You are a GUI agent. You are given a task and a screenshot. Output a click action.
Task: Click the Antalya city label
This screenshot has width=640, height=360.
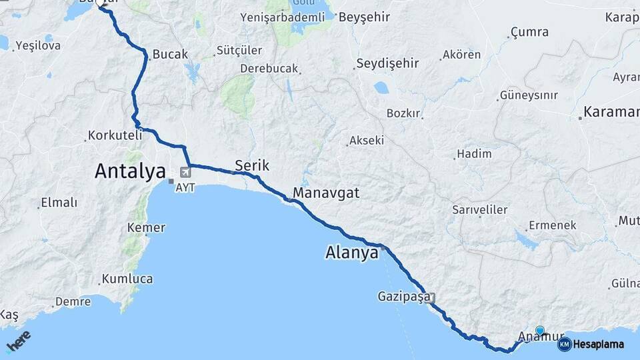(130, 171)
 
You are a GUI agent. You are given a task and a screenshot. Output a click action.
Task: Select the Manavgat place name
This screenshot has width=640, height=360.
(326, 193)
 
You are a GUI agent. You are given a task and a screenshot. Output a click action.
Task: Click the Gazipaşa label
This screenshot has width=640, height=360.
(403, 296)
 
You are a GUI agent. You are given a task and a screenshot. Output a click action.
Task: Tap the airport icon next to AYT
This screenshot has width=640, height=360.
(185, 172)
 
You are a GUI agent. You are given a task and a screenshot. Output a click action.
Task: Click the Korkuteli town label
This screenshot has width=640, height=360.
(115, 135)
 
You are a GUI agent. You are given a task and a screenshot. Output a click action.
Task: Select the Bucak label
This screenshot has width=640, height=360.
(170, 55)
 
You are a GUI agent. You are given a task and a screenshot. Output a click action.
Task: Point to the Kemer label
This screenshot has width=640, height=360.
(146, 228)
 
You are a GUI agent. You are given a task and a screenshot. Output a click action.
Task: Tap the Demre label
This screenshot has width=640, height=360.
(73, 301)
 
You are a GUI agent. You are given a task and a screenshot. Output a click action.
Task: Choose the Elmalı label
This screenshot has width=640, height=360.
(59, 203)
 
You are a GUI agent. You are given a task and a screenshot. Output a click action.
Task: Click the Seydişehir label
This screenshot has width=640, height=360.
(387, 63)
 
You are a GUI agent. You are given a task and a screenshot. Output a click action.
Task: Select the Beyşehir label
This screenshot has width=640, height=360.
(364, 17)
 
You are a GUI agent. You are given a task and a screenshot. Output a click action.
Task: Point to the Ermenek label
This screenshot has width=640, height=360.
(552, 225)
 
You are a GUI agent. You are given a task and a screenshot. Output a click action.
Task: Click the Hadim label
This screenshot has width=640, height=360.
(475, 154)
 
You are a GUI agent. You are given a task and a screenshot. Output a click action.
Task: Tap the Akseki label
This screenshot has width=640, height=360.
(367, 141)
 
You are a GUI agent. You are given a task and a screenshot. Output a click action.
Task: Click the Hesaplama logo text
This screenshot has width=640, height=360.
(598, 345)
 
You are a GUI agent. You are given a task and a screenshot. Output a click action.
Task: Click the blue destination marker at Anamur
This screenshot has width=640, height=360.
(539, 330)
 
